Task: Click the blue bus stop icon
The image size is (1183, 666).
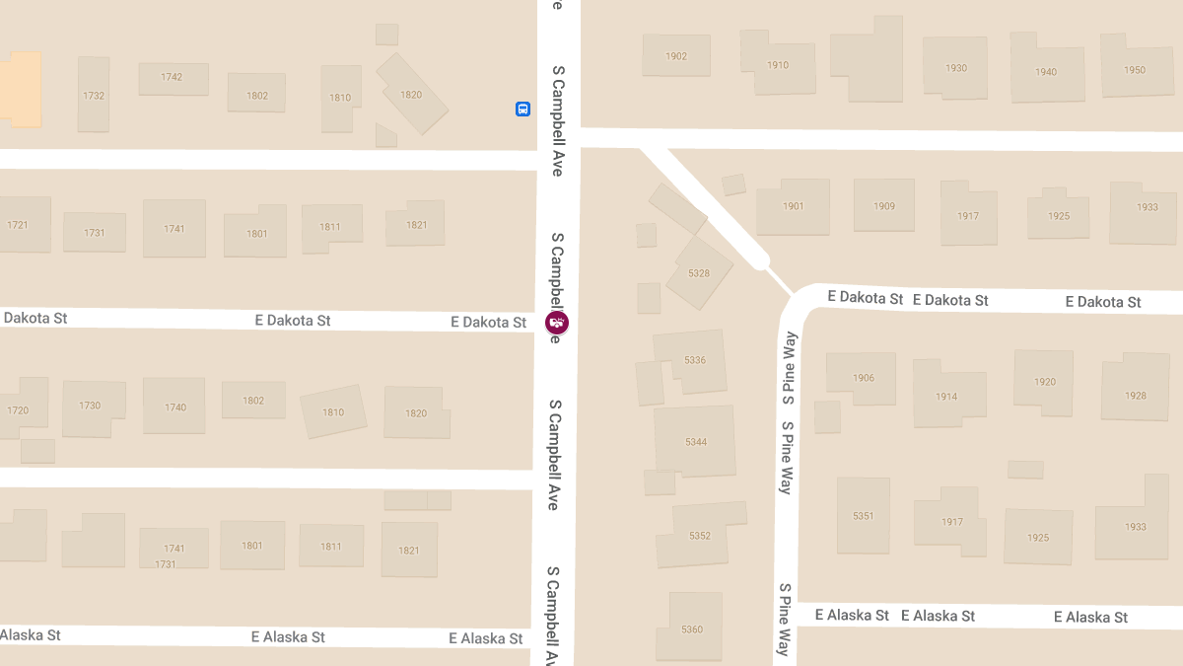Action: point(522,110)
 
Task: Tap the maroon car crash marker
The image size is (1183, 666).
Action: point(557,322)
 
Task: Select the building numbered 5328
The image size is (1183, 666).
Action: point(699,272)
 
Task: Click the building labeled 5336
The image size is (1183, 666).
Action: point(694,360)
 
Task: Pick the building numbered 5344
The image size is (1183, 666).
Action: point(696,441)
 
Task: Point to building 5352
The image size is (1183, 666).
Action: point(700,535)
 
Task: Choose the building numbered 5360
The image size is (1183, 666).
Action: point(693,629)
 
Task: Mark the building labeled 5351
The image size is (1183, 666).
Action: point(864,515)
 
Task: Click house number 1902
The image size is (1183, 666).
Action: point(676,56)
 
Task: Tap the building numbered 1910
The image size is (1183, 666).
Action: point(778,65)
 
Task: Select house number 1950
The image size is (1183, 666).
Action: point(1135,69)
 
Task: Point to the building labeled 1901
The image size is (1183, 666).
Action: point(794,206)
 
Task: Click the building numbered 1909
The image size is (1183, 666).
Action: point(883,206)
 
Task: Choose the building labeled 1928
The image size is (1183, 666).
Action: point(1135,395)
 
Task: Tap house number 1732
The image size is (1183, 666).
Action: point(94,95)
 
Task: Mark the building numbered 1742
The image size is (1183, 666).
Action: point(173,78)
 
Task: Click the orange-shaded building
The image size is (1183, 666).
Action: point(22,89)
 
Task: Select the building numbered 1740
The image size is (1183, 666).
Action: point(175,407)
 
